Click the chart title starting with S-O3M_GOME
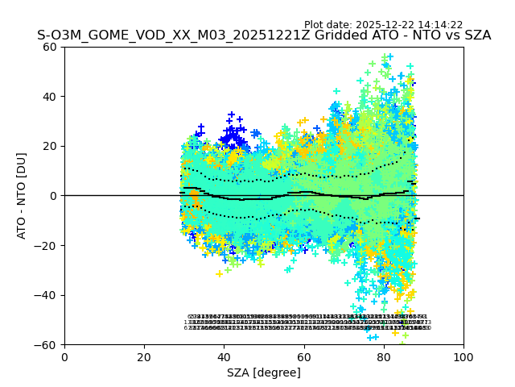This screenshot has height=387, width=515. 264,36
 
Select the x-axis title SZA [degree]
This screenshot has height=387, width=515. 264,372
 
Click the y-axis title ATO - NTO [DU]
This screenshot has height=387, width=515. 22,195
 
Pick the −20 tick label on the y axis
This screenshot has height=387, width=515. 48,246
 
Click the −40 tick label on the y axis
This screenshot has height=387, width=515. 48,295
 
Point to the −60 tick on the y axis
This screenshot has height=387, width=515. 48,345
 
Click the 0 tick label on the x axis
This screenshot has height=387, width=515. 64,356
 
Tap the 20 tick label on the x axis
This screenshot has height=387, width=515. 144,356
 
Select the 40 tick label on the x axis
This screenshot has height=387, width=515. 224,356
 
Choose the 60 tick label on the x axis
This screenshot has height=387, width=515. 304,356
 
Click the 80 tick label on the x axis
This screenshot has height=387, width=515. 384,356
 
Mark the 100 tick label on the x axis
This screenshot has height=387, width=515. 463,356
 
